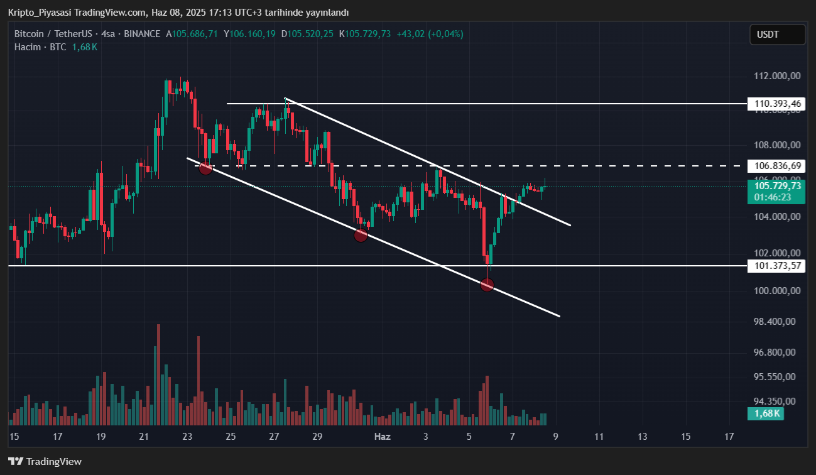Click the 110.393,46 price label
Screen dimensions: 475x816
[777, 104]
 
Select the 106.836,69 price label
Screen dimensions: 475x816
[777, 166]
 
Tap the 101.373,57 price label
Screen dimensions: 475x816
[777, 266]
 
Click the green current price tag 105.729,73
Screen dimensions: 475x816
[777, 186]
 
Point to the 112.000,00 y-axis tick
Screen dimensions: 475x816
[777, 76]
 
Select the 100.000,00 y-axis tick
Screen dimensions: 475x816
[777, 291]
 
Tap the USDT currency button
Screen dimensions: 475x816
[777, 35]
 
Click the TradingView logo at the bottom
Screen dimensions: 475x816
[45, 462]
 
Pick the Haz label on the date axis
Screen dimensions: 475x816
[382, 437]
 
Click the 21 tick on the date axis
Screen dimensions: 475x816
[144, 437]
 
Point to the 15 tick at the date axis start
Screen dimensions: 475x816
[14, 437]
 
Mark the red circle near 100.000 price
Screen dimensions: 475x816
[487, 285]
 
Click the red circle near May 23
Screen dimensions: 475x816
[205, 168]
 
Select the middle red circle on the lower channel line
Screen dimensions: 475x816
[361, 236]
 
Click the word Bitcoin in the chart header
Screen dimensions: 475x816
[29, 34]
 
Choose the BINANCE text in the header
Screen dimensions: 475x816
[142, 34]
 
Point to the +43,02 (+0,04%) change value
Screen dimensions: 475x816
[430, 34]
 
